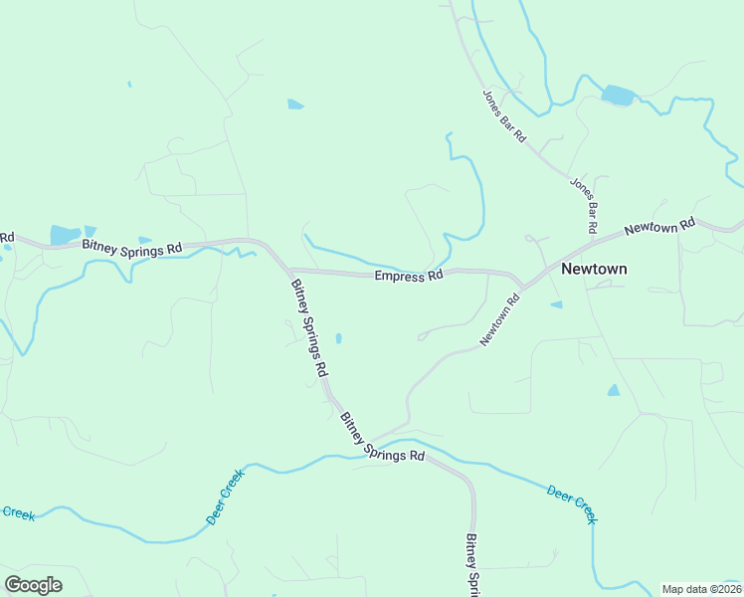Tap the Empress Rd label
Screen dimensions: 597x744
point(408,276)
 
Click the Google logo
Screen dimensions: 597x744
point(33,584)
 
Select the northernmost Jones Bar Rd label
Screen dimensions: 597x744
point(504,116)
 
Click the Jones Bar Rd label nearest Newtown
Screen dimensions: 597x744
point(583,205)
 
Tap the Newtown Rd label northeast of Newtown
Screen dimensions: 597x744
point(658,228)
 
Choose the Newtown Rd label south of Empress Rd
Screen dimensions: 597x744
point(500,319)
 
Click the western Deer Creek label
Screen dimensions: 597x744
point(225,498)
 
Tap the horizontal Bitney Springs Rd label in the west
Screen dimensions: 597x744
point(132,247)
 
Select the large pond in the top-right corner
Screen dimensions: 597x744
point(618,96)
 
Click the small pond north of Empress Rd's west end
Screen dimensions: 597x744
point(295,103)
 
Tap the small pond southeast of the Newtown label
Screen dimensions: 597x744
point(614,390)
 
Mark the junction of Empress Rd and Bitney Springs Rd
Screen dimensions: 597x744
point(288,270)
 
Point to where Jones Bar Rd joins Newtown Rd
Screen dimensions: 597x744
point(593,243)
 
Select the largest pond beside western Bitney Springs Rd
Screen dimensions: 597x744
point(65,235)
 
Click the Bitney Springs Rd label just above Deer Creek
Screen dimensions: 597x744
point(383,438)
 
